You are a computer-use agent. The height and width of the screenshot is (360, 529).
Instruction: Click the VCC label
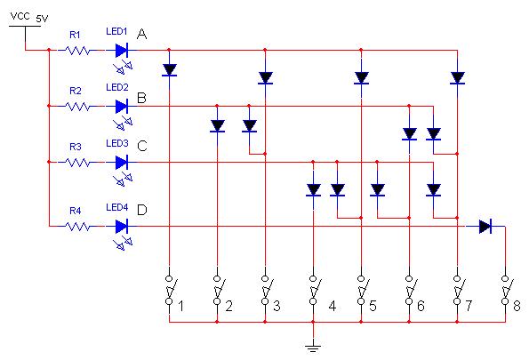[x=20, y=16]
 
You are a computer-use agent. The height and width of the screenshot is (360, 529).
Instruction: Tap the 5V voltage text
[x=42, y=19]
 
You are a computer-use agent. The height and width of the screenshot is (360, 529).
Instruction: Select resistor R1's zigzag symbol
[x=78, y=51]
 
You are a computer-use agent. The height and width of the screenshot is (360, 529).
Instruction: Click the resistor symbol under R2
[x=78, y=107]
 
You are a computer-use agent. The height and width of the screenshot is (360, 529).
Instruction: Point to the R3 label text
[x=76, y=147]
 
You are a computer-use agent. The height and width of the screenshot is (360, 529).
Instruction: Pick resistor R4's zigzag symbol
[x=78, y=227]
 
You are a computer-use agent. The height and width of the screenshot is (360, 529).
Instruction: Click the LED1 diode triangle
[x=122, y=51]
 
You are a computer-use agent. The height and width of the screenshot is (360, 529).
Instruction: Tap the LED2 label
[x=117, y=87]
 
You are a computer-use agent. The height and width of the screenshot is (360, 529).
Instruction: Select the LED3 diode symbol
[x=122, y=163]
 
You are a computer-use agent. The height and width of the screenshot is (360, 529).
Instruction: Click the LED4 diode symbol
[x=122, y=227]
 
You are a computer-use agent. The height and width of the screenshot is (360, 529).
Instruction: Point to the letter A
[x=141, y=34]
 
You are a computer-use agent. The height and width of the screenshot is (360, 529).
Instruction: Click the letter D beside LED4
[x=142, y=210]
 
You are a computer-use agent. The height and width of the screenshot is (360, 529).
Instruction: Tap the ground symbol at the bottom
[x=313, y=348]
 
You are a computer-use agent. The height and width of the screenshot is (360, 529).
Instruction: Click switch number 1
[x=170, y=290]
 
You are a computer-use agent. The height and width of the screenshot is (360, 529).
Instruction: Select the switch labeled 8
[x=505, y=290]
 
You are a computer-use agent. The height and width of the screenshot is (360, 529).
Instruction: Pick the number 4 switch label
[x=333, y=306]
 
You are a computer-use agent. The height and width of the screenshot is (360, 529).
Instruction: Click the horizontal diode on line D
[x=485, y=227]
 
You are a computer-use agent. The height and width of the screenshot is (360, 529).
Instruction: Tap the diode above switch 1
[x=169, y=70]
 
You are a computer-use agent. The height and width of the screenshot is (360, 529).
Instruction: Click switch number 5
[x=361, y=290]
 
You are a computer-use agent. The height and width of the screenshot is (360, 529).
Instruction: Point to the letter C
[x=142, y=146]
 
